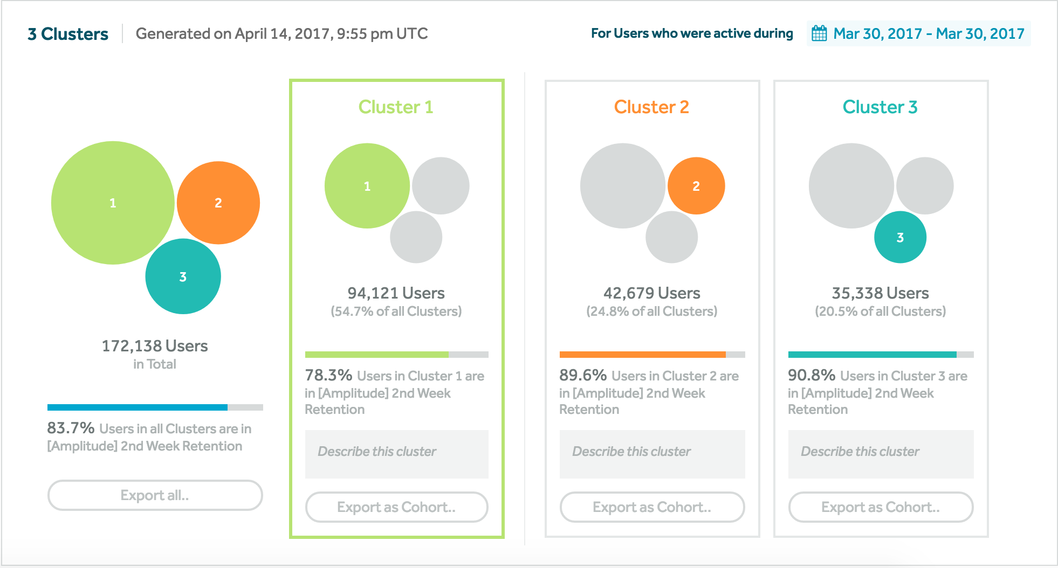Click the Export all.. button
click(x=155, y=495)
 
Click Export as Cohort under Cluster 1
click(x=396, y=507)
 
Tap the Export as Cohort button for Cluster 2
click(x=652, y=507)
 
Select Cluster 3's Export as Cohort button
click(x=881, y=507)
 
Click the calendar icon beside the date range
click(x=819, y=33)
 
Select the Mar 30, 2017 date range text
click(x=929, y=33)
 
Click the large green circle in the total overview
click(x=113, y=203)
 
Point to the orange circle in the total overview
click(x=218, y=203)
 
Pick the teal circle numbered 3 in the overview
click(x=183, y=276)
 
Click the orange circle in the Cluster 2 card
click(x=696, y=186)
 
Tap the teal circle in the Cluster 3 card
click(x=900, y=237)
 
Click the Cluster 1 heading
click(x=396, y=107)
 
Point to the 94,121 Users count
click(x=396, y=293)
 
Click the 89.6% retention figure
click(x=583, y=375)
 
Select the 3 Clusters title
click(x=68, y=34)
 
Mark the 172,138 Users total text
click(x=155, y=346)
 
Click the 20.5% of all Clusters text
click(x=880, y=311)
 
